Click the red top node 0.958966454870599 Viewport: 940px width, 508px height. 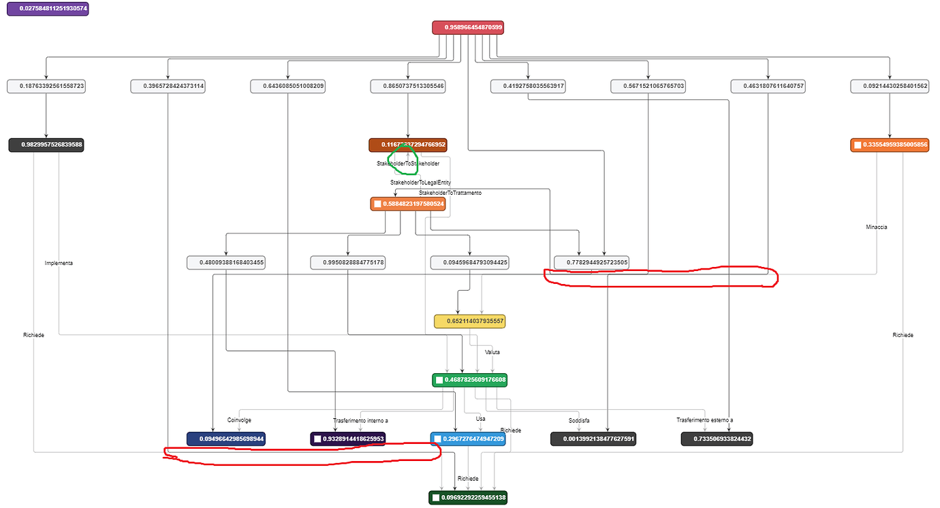click(x=470, y=27)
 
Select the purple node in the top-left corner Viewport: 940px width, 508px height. click(x=48, y=10)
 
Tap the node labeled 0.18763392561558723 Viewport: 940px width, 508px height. click(x=46, y=86)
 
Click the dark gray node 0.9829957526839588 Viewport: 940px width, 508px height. click(x=46, y=144)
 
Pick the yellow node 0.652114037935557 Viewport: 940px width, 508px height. click(x=470, y=321)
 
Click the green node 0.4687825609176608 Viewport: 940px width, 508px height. click(x=470, y=379)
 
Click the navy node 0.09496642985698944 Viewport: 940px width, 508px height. click(x=227, y=439)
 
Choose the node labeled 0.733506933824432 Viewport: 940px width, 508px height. click(x=717, y=439)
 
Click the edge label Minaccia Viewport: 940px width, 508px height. click(x=876, y=227)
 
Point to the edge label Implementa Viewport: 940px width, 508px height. click(x=59, y=263)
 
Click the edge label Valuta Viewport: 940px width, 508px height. click(x=492, y=352)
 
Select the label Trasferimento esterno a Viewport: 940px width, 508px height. click(x=704, y=420)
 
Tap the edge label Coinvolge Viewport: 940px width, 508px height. click(x=239, y=420)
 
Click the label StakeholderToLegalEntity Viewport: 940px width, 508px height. click(x=420, y=182)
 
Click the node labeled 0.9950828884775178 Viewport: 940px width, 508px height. click(x=348, y=262)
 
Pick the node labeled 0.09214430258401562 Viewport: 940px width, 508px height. click(x=889, y=86)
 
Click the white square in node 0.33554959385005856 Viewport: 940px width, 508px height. click(x=857, y=145)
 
